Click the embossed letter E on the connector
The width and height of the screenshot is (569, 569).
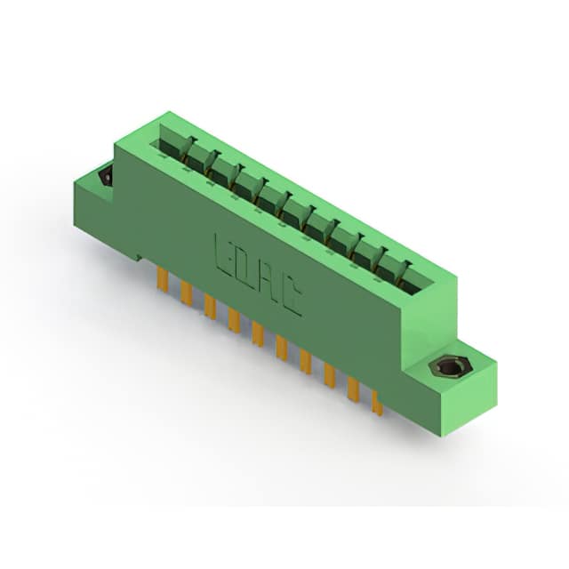tap(226, 254)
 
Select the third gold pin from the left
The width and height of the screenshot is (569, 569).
tap(210, 307)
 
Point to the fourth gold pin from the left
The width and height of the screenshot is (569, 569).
tap(234, 320)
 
